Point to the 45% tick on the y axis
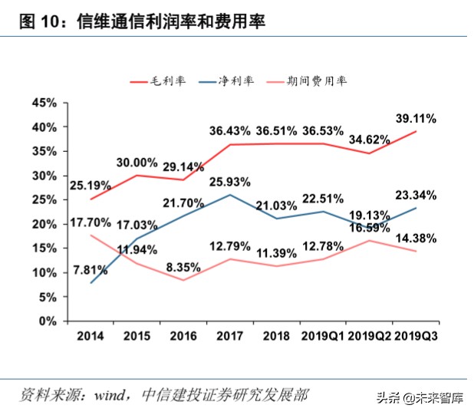pyautogui.click(x=45, y=102)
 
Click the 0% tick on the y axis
pyautogui.click(x=48, y=321)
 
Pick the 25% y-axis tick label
pyautogui.click(x=45, y=199)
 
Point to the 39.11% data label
pyautogui.click(x=415, y=118)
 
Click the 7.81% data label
pyautogui.click(x=87, y=269)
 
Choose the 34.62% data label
pyautogui.click(x=370, y=140)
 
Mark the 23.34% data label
pyautogui.click(x=416, y=194)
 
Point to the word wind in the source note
pyautogui.click(x=113, y=395)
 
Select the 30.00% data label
pyautogui.click(x=137, y=163)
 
